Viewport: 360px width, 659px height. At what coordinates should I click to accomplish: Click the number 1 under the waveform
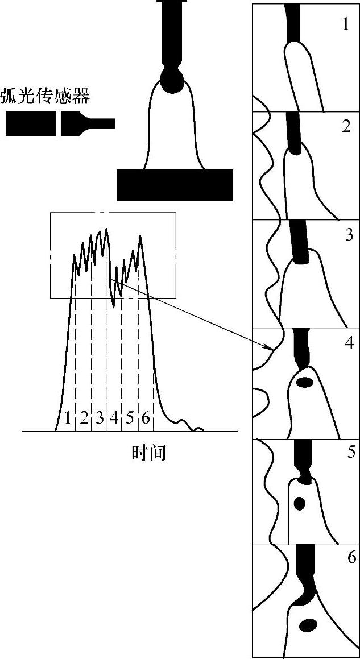click(68, 418)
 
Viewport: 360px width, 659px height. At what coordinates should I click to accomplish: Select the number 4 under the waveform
click(114, 418)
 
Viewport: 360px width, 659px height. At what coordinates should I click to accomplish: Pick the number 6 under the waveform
click(146, 418)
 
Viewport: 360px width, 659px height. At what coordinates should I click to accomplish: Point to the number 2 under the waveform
click(84, 418)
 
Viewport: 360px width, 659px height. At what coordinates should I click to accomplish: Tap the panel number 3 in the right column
click(349, 235)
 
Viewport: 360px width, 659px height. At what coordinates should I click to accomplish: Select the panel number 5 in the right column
click(349, 454)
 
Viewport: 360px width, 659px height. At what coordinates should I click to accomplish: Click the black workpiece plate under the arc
click(175, 185)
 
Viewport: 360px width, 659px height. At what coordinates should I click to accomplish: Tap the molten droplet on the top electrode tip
click(172, 80)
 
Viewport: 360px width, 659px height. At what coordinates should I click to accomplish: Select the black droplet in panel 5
click(299, 503)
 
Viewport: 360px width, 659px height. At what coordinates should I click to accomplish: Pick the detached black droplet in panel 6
click(308, 625)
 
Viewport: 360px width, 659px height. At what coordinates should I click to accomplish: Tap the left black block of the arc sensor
click(31, 123)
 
